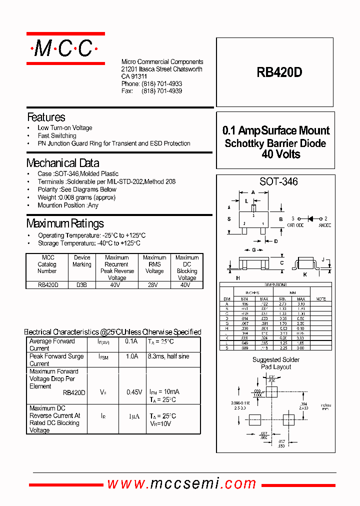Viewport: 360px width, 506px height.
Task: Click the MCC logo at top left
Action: pos(65,48)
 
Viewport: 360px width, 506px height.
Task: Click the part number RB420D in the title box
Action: pos(279,72)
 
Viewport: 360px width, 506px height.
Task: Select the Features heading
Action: pos(46,117)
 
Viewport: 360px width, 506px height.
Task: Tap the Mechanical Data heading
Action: pos(62,163)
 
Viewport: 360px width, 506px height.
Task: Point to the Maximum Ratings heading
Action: pos(65,223)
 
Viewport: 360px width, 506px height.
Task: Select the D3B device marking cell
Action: pos(82,285)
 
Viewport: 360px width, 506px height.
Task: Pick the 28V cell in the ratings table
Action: pos(154,285)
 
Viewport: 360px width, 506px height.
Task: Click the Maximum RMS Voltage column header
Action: pos(154,264)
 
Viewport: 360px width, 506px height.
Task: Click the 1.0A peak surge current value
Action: pos(131,356)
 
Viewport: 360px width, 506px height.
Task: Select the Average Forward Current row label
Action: pos(52,344)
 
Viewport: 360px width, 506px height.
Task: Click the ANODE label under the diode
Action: pos(325,225)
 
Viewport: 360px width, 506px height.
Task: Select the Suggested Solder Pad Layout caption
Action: pos(276,363)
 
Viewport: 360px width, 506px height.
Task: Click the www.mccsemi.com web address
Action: pos(182,483)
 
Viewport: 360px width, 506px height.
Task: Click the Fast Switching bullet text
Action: pos(57,135)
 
